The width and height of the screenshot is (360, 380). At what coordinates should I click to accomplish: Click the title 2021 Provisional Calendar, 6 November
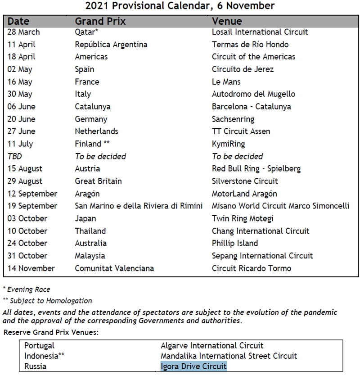[x=180, y=6]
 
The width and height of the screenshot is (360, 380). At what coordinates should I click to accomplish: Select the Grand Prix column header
[x=100, y=21]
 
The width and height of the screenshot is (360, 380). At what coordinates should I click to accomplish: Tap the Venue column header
[x=227, y=21]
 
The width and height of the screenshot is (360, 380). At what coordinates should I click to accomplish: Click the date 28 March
[x=23, y=32]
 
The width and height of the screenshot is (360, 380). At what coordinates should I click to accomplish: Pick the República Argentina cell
[x=111, y=45]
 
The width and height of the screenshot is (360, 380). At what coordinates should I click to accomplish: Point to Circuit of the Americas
[x=253, y=57]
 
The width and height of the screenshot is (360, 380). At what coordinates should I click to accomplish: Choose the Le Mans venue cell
[x=226, y=82]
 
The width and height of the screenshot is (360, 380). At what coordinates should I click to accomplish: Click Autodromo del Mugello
[x=253, y=94]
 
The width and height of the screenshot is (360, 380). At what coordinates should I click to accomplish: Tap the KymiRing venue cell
[x=228, y=144]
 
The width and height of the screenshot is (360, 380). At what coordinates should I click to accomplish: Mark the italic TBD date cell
[x=14, y=156]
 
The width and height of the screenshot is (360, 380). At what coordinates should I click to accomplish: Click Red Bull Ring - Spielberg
[x=256, y=169]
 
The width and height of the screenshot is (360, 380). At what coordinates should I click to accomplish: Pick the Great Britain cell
[x=98, y=181]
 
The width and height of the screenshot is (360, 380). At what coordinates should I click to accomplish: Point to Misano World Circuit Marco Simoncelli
[x=280, y=206]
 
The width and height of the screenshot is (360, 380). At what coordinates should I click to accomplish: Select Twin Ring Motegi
[x=243, y=218]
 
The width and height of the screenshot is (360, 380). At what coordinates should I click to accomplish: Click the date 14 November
[x=31, y=268]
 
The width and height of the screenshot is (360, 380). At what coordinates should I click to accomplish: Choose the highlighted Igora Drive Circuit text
[x=193, y=366]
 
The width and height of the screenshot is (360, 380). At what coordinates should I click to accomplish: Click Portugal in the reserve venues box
[x=39, y=346]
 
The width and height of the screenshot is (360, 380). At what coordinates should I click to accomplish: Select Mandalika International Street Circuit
[x=229, y=356]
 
